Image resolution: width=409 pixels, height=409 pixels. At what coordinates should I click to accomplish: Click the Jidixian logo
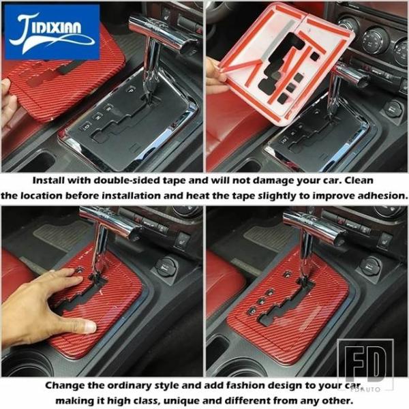click(52, 32)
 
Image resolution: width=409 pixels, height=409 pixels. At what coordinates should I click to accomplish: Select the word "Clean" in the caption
click(359, 180)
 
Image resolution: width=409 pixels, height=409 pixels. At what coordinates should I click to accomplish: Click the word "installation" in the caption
click(131, 196)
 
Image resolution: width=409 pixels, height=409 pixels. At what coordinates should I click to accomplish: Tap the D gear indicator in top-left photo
click(87, 126)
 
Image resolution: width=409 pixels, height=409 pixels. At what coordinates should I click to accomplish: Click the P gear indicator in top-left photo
click(130, 90)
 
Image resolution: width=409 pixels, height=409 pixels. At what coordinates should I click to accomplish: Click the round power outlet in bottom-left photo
click(167, 267)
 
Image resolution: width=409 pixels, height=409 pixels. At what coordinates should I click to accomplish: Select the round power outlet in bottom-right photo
click(372, 267)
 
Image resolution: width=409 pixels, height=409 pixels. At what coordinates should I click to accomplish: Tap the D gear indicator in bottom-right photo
click(253, 311)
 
